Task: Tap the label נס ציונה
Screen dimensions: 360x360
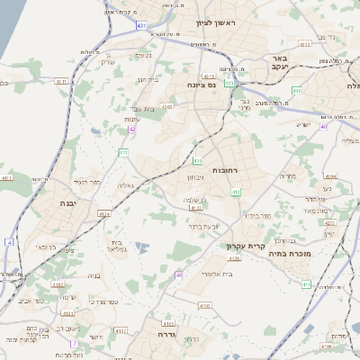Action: pyautogui.click(x=206, y=85)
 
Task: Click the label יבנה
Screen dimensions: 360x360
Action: pyautogui.click(x=67, y=203)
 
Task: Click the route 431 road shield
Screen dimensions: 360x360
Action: pyautogui.click(x=141, y=26)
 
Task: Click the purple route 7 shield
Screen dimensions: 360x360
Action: pyautogui.click(x=75, y=344)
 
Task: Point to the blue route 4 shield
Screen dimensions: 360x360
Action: pyautogui.click(x=9, y=242)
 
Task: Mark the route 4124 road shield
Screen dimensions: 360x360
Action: pyautogui.click(x=103, y=214)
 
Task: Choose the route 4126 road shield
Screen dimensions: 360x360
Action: pyautogui.click(x=234, y=258)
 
